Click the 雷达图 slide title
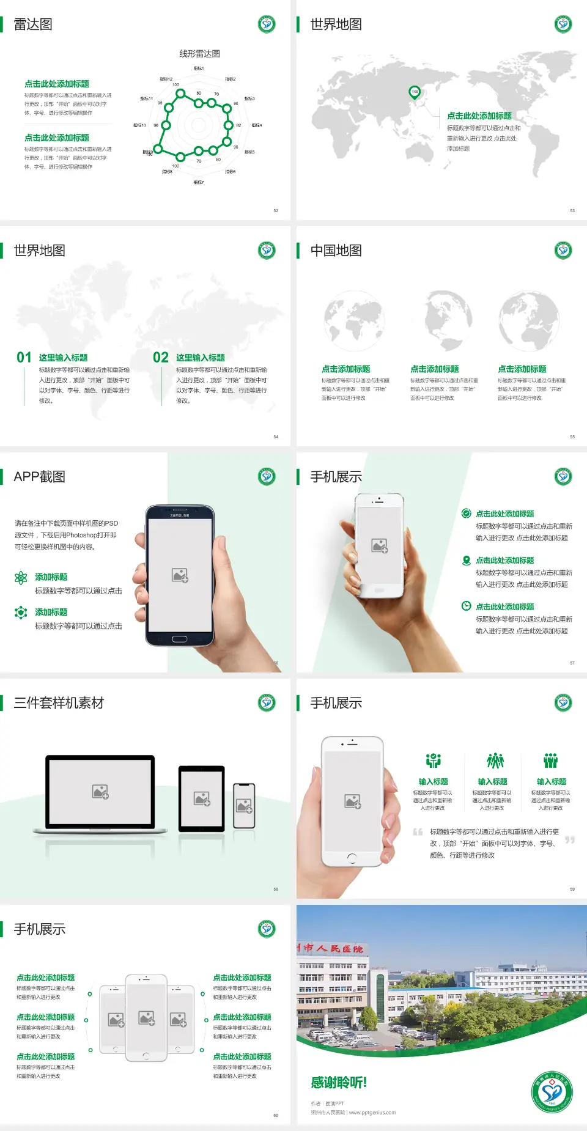33,24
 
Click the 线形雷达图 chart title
199,54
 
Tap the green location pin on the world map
414,92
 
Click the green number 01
24,357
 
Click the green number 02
161,357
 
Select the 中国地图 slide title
336,251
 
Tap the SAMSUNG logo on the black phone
180,515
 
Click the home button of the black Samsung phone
179,639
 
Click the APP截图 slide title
40,477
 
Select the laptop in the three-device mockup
100,795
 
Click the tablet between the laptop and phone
202,798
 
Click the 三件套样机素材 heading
59,703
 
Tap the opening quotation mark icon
418,831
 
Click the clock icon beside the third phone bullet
466,606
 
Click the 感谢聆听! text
339,1083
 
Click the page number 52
276,210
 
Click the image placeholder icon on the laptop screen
100,792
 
